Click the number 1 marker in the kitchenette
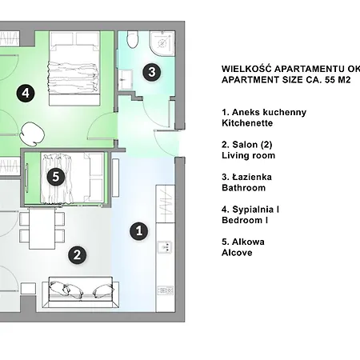tap(139, 231)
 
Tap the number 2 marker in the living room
tap(77, 255)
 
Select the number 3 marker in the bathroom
tap(151, 72)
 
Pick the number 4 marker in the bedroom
tap(26, 94)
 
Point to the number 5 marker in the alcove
tap(56, 177)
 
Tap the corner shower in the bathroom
tap(162, 42)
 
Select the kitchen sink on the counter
tap(165, 246)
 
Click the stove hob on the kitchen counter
tap(166, 290)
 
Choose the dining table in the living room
tap(42, 229)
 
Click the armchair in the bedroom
tap(32, 134)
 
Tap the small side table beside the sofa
tap(28, 289)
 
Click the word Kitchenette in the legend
tap(247, 123)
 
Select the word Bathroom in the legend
tap(244, 188)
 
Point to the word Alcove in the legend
tap(237, 253)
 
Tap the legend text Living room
tap(248, 155)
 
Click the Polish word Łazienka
tap(252, 177)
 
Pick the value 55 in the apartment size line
tap(330, 80)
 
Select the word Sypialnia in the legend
tap(253, 210)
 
